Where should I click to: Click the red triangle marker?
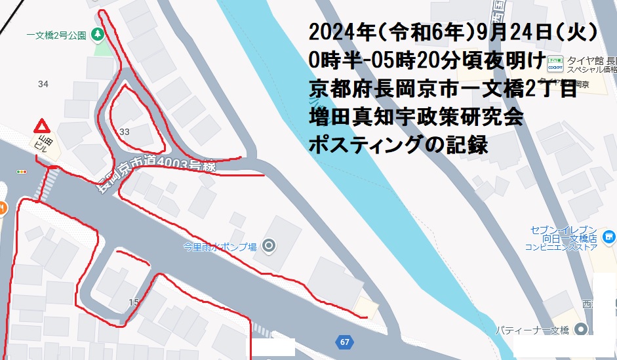tap(42, 125)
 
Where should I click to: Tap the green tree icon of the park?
tap(98, 33)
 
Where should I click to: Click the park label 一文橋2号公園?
tap(56, 35)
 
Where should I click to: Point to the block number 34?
tap(43, 84)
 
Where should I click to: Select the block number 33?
tap(125, 132)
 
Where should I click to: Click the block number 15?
tap(134, 302)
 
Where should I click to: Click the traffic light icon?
tap(22, 171)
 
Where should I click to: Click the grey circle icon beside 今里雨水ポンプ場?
tap(268, 247)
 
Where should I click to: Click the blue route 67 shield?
tap(345, 342)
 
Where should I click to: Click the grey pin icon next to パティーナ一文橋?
tap(580, 330)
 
